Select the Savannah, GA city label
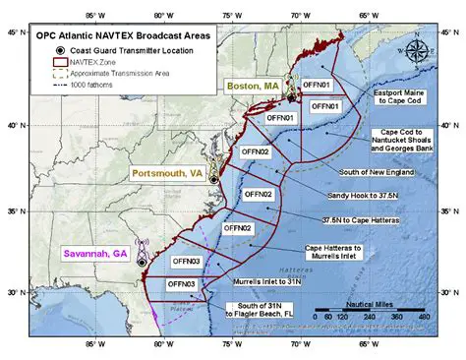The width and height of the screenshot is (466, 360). pyautogui.click(x=96, y=253)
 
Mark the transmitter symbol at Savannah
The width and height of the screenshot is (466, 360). pyautogui.click(x=142, y=262)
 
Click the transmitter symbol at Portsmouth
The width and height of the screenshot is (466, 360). pyautogui.click(x=213, y=179)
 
